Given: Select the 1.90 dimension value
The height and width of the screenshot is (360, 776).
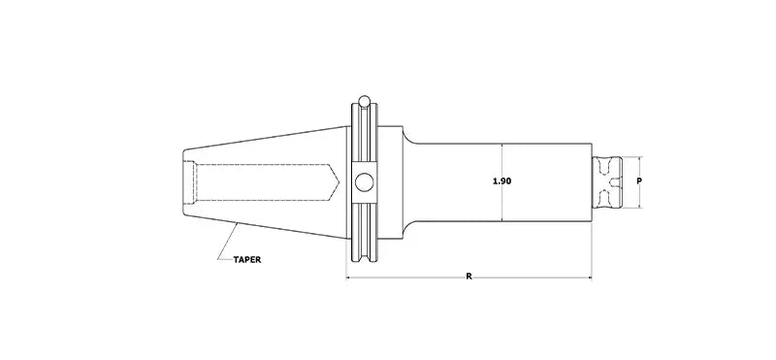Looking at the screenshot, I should [x=501, y=181].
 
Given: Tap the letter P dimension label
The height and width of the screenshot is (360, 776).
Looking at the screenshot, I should [x=638, y=181].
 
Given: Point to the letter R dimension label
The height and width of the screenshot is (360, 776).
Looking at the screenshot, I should [x=469, y=278].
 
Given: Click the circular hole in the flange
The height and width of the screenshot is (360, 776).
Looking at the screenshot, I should [x=363, y=181].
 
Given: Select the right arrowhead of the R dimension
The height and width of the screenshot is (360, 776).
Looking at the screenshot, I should [x=588, y=278].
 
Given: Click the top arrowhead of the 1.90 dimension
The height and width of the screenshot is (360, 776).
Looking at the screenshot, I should [x=501, y=147].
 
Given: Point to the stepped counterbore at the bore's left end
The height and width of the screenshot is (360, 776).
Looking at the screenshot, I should [x=191, y=181].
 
